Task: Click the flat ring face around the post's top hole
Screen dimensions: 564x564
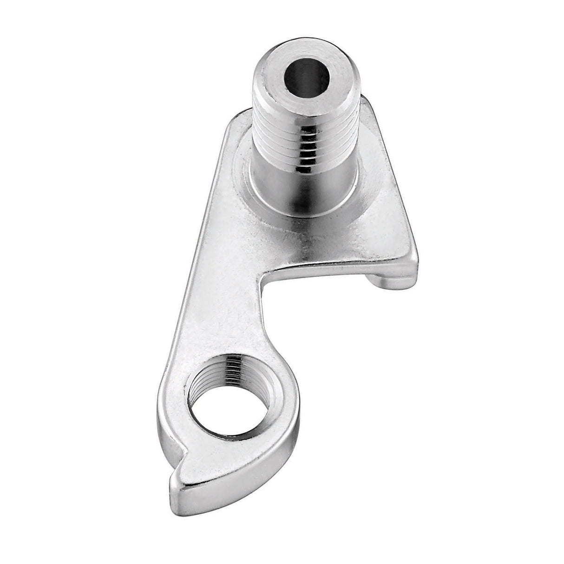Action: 279,77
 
